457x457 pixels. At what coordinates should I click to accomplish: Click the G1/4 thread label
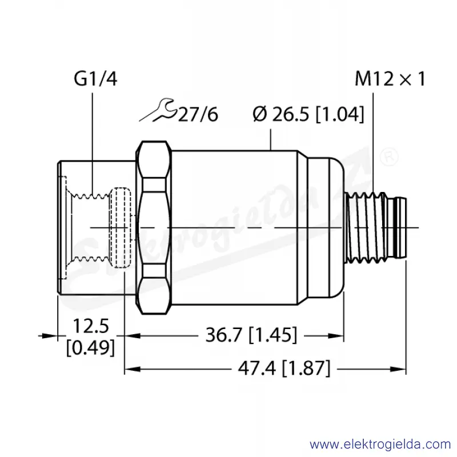point(95,79)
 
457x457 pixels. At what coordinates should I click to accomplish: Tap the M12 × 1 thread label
point(390,79)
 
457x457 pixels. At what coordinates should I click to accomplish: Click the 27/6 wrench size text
point(198,114)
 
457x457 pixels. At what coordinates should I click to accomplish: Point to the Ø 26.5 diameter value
point(280,114)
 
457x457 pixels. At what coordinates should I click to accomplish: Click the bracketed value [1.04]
point(340,114)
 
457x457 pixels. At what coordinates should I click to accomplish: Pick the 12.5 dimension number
point(91,326)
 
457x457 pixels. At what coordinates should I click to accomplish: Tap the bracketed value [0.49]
point(90,347)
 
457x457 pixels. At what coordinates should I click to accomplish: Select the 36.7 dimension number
point(224,335)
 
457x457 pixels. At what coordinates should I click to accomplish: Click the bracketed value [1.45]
point(273,335)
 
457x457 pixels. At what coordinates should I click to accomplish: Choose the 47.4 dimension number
point(256,368)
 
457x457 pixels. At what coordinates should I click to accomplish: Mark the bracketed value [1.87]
point(307,368)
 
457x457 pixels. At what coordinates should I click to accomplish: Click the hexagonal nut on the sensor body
point(154,227)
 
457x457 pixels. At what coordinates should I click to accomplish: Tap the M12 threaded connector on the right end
point(375,227)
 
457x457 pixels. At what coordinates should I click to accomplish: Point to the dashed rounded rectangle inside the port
point(120,228)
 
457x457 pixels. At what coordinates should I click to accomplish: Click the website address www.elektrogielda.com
point(380,444)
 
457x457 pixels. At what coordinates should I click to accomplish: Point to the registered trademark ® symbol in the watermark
point(390,157)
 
